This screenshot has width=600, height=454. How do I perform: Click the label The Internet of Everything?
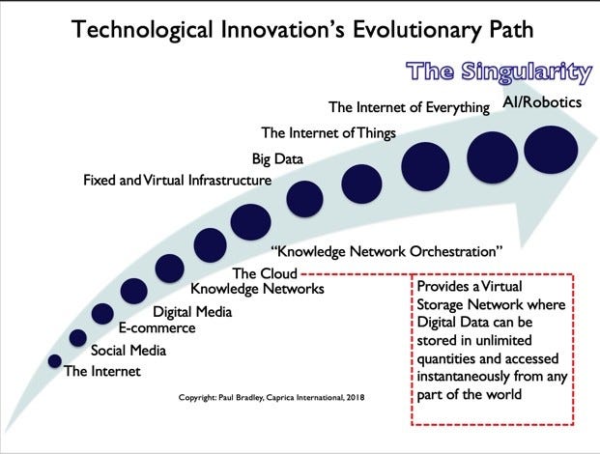[x=409, y=107]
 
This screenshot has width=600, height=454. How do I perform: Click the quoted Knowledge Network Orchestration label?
[x=386, y=252]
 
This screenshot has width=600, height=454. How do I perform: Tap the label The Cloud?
[x=264, y=273]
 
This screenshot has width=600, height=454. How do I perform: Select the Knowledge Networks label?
[x=257, y=289]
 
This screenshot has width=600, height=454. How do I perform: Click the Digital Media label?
[x=192, y=311]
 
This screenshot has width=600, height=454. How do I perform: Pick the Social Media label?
[x=121, y=350]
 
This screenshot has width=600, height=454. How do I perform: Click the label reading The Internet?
[x=101, y=371]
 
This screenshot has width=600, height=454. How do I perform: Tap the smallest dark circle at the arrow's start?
[x=54, y=360]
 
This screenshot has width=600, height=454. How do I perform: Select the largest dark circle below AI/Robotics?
[x=551, y=150]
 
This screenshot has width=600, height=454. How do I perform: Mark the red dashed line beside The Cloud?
[x=353, y=274]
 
